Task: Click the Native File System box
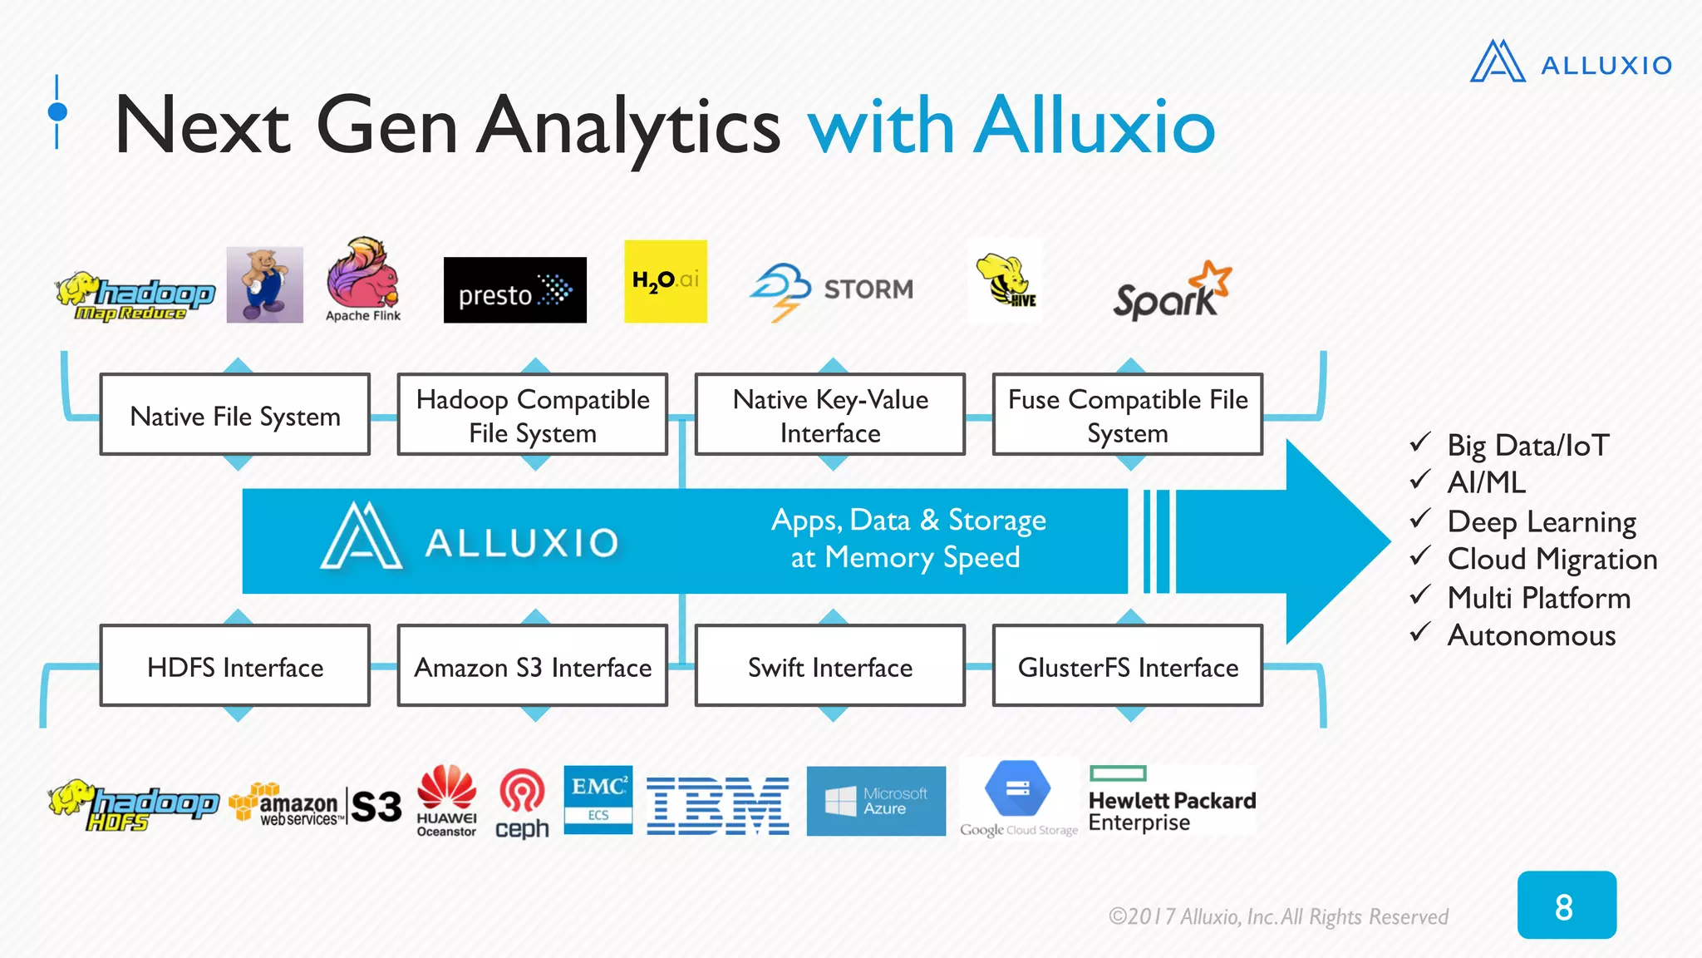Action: (235, 415)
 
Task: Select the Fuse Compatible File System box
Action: (1128, 415)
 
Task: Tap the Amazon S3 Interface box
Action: (533, 666)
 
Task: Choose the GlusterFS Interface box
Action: (1128, 666)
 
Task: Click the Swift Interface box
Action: (830, 666)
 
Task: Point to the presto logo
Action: (514, 290)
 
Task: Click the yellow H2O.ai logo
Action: (665, 281)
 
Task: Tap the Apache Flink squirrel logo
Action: (363, 279)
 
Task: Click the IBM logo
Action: (718, 806)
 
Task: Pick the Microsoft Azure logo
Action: (876, 801)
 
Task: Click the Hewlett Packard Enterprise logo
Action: (1172, 801)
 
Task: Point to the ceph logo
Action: (522, 803)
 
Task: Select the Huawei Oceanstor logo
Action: (446, 800)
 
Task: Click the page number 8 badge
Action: (1566, 906)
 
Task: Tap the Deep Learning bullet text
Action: (1541, 522)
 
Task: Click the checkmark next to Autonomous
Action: (1420, 633)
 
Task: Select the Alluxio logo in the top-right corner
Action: (1571, 62)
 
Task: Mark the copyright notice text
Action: (1278, 916)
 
